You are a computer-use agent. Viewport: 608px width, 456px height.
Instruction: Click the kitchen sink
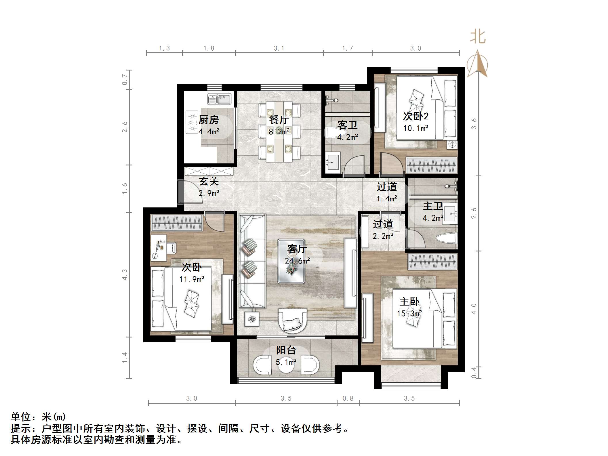pos(219,99)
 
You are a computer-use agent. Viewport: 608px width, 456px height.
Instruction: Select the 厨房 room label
pos(209,120)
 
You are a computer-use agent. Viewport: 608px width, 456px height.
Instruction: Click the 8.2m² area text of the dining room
pos(279,132)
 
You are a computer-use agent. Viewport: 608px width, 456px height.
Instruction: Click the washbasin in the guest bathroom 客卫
pos(333,162)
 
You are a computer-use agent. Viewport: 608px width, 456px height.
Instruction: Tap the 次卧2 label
pos(416,116)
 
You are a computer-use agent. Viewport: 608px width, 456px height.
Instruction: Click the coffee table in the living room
pos(291,261)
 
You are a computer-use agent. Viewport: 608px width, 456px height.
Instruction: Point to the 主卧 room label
pos(409,302)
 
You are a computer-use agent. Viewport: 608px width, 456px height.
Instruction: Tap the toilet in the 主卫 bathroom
pos(446,238)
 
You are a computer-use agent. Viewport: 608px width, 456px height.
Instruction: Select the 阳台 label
pos(286,350)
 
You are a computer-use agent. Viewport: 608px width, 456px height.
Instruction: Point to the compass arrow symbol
pos(477,64)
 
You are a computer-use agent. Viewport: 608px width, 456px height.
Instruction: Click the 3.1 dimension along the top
pos(279,48)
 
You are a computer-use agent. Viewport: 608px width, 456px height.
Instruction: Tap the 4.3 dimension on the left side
pos(124,274)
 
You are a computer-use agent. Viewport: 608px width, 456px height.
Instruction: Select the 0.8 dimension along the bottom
pos(348,398)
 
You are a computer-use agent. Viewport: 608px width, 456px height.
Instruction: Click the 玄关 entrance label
pos(209,181)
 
